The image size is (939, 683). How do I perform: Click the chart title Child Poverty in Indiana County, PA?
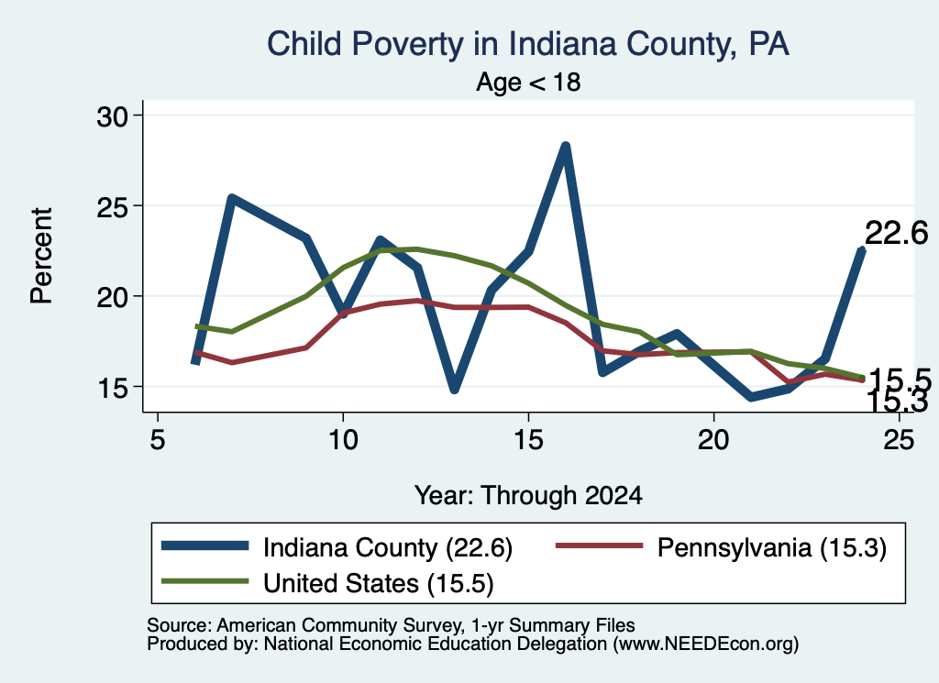pos(527,44)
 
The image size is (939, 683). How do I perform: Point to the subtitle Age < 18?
pos(528,82)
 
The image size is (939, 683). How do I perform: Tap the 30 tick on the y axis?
pos(113,116)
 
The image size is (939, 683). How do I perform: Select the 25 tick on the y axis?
pos(113,206)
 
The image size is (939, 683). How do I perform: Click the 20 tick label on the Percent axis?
pos(113,297)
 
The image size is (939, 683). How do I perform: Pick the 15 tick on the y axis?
pos(113,387)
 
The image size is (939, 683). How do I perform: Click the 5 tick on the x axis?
pos(157,440)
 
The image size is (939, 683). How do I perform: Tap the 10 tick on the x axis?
pos(343,440)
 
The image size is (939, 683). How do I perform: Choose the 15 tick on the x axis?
pos(528,440)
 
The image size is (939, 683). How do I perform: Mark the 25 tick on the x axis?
pos(899,440)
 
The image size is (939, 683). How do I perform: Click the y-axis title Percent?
pos(42,256)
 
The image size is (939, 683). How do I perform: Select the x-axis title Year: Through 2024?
pos(528,496)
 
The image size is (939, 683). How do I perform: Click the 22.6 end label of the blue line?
pos(897,233)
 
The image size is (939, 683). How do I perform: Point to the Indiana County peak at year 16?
pos(565,147)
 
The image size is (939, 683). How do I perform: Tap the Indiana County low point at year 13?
pos(454,389)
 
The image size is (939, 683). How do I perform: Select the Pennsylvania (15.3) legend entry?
pos(721,547)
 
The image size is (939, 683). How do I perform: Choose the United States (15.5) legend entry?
pos(327,583)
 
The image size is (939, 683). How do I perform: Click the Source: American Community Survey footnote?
pos(391,625)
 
